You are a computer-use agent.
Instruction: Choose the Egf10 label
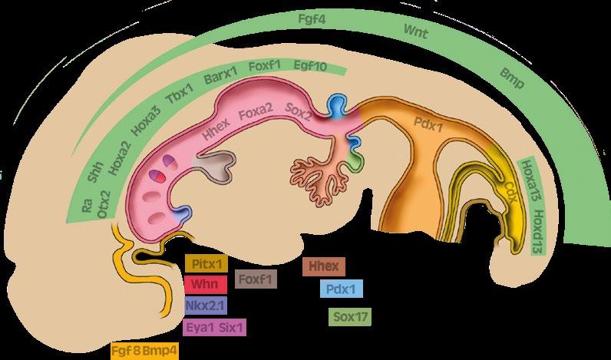pyautogui.click(x=310, y=67)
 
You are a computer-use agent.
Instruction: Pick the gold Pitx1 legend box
pyautogui.click(x=206, y=264)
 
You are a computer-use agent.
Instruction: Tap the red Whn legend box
pyautogui.click(x=206, y=284)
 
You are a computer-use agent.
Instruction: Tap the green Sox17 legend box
pyautogui.click(x=349, y=316)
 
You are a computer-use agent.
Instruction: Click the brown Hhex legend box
pyautogui.click(x=325, y=266)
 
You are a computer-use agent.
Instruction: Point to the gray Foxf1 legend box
pyautogui.click(x=256, y=279)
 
